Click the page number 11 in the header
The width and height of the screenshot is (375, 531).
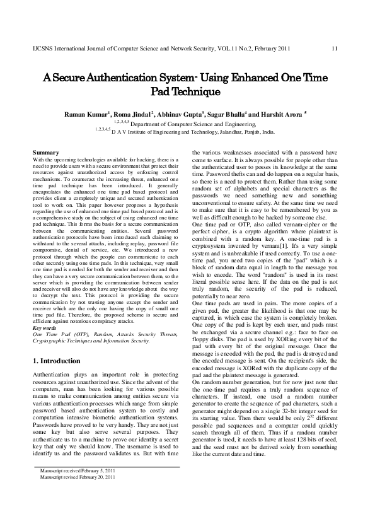point(334,49)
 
